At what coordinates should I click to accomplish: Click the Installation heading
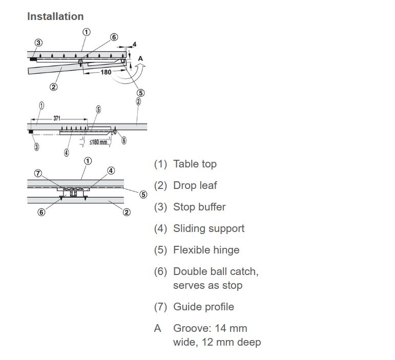[55, 16]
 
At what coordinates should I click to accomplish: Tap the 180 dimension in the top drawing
[106, 72]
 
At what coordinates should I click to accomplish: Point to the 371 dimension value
[56, 118]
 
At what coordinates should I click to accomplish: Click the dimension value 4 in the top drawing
[135, 45]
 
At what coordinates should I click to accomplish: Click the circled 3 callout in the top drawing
[38, 43]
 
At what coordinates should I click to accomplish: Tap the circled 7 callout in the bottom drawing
[38, 173]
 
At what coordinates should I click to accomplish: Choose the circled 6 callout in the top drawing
[114, 37]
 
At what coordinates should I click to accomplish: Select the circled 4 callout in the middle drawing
[67, 152]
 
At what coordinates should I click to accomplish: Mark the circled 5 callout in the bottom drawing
[143, 194]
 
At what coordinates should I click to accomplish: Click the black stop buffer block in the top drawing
[33, 59]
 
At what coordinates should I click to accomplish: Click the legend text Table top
[195, 164]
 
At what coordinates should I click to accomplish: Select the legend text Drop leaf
[195, 185]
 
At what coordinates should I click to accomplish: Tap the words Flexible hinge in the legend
[206, 250]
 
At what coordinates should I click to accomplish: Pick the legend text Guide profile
[203, 307]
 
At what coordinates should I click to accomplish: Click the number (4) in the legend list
[160, 228]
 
